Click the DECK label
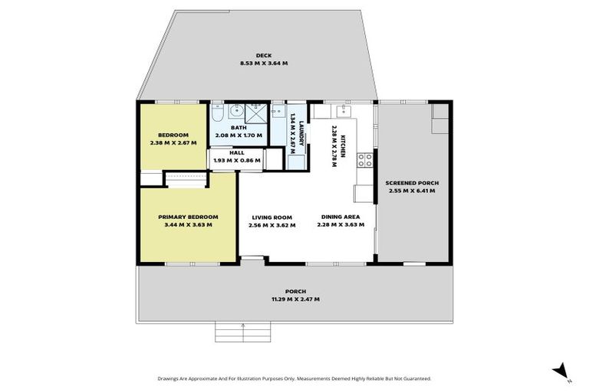243,57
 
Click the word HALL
237,152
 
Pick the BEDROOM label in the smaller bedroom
163,135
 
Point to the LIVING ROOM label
271,217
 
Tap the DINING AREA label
341,217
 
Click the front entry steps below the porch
243,332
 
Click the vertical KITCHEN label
344,145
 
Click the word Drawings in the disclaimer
169,378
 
